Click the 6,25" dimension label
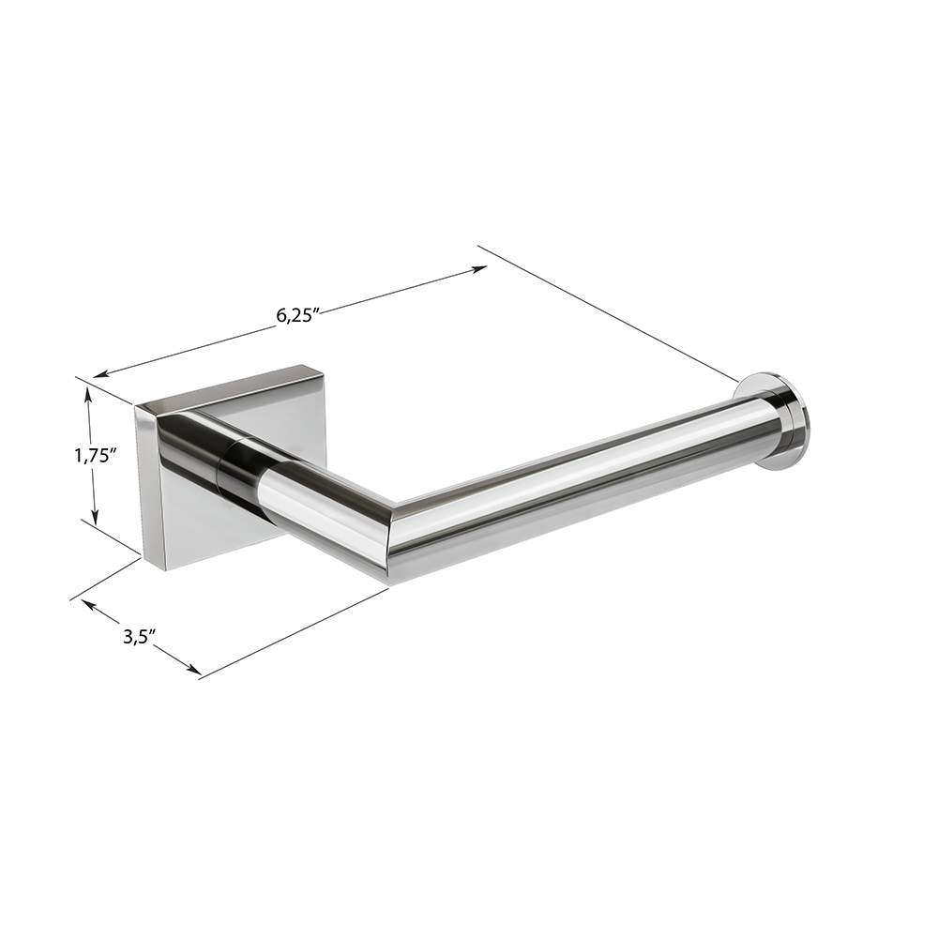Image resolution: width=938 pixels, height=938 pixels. coord(295,315)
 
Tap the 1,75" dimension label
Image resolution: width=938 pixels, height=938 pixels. coord(94,457)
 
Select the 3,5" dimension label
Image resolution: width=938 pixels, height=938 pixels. coord(140,636)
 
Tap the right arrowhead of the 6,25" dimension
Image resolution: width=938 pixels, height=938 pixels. coord(479,268)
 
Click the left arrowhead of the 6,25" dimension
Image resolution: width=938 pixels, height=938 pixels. coord(101,374)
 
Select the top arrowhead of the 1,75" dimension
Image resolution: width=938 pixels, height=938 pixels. coord(88,396)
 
